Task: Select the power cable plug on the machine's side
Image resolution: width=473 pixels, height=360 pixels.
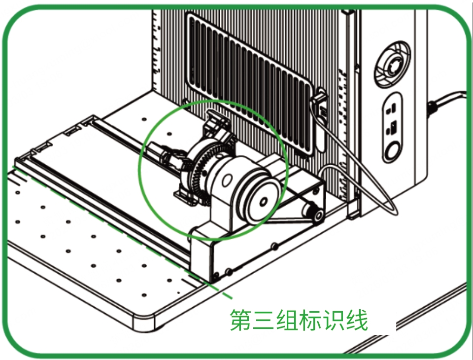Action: pyautogui.click(x=433, y=108)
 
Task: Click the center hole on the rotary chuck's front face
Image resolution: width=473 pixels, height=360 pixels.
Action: pyautogui.click(x=263, y=202)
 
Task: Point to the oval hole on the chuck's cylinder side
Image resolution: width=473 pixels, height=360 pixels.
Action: pyautogui.click(x=226, y=180)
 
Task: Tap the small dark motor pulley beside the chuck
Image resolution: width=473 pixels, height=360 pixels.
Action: pyautogui.click(x=314, y=212)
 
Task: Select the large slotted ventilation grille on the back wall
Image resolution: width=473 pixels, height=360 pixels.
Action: pyautogui.click(x=250, y=83)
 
